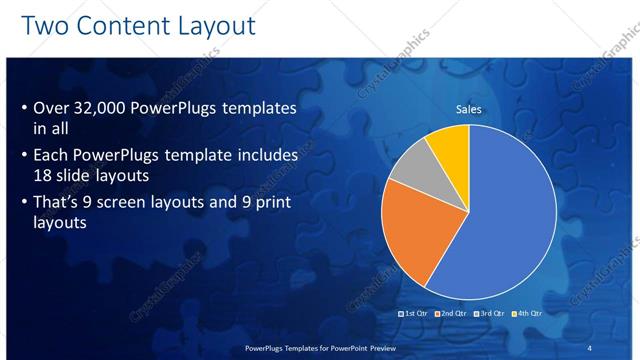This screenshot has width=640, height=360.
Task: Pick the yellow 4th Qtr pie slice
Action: [x=448, y=145]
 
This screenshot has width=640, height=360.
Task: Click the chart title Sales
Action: [x=469, y=109]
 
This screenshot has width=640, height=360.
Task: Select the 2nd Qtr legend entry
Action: [x=452, y=314]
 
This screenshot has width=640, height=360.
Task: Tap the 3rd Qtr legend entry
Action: [x=489, y=314]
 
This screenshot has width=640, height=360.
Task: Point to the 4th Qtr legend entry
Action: [x=526, y=314]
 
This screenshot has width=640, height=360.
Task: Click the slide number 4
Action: [x=589, y=347]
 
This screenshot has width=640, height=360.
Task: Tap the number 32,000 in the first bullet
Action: [x=109, y=109]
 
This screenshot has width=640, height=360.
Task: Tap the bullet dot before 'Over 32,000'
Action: [x=24, y=109]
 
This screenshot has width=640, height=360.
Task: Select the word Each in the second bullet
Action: [x=52, y=156]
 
